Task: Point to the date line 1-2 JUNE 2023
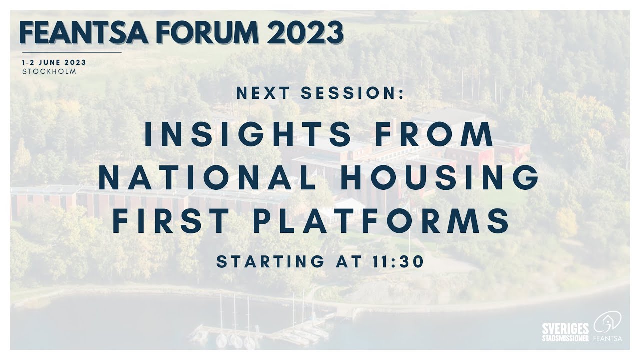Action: click(54, 62)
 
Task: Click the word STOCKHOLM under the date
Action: click(49, 71)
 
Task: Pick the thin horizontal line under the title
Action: click(72, 52)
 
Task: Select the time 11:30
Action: click(401, 261)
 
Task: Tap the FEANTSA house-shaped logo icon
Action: click(607, 323)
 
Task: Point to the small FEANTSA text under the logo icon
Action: click(607, 338)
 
